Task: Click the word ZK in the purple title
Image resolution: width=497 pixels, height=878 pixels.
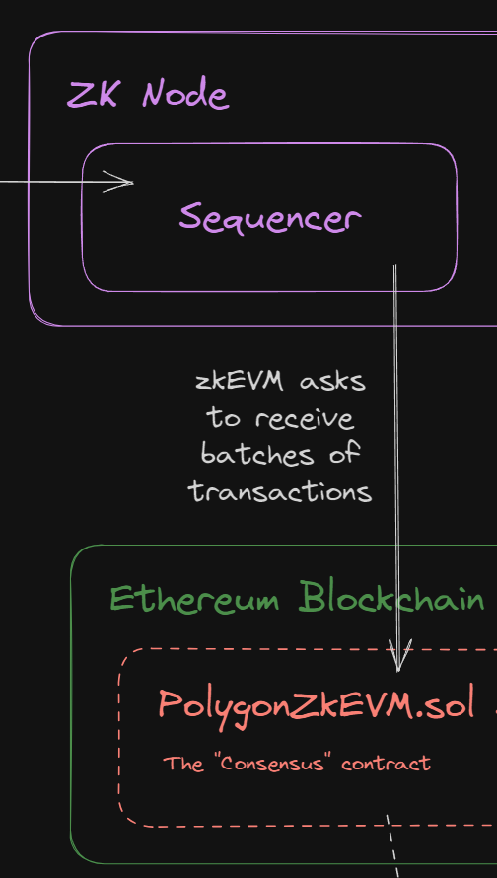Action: (x=92, y=95)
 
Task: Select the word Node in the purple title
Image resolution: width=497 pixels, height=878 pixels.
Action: (x=185, y=94)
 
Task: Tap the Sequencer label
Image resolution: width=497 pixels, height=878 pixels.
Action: (x=270, y=218)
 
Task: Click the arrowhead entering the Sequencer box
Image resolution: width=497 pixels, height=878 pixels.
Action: (x=118, y=182)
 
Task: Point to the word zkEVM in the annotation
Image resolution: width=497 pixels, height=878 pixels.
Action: (x=239, y=383)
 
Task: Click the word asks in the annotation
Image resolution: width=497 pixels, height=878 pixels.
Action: (x=332, y=383)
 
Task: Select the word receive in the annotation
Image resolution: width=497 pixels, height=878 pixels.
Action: (x=305, y=419)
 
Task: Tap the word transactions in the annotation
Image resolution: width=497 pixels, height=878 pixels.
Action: (x=280, y=491)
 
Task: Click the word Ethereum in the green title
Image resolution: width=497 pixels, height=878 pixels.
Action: (x=194, y=599)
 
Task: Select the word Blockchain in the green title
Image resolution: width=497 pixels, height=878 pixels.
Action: (x=391, y=598)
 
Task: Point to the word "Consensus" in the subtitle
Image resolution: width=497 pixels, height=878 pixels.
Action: (x=272, y=763)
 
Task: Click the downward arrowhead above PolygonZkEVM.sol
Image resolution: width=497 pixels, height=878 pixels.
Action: (x=398, y=656)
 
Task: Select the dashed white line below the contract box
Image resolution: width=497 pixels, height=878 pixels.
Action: (x=392, y=846)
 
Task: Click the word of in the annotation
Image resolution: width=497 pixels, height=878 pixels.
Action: (x=342, y=454)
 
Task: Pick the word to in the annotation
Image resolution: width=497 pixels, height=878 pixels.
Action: (x=224, y=419)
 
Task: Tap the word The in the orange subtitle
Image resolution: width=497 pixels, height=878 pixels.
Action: (x=183, y=763)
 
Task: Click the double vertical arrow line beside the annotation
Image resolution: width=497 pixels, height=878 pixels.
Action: (x=396, y=468)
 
